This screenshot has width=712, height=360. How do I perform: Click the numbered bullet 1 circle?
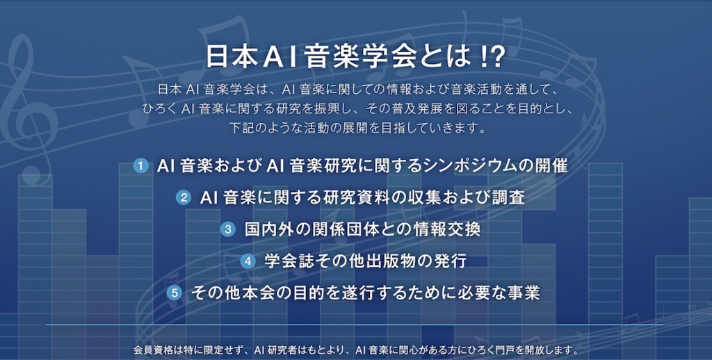140,166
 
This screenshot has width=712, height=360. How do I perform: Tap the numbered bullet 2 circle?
184,198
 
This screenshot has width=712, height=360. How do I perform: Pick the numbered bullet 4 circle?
248,261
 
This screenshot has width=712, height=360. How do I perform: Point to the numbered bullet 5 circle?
175,293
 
